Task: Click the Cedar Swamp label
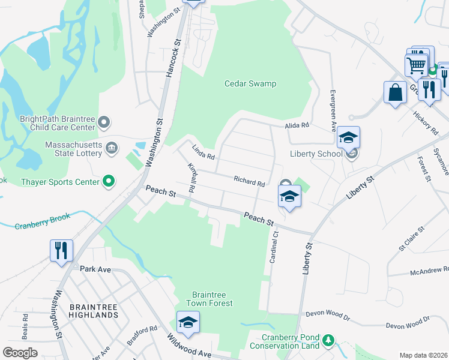pyautogui.click(x=250, y=83)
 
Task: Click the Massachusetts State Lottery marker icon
pyautogui.click(x=112, y=148)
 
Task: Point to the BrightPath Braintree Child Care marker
pyautogui.click(x=104, y=123)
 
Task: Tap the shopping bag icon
pyautogui.click(x=395, y=93)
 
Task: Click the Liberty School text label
pyautogui.click(x=316, y=154)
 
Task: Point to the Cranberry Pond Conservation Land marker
pyautogui.click(x=328, y=341)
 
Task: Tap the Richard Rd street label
pyautogui.click(x=249, y=181)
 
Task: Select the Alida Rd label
pyautogui.click(x=297, y=125)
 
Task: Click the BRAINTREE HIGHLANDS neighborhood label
pyautogui.click(x=93, y=310)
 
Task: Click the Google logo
pyautogui.click(x=20, y=352)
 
